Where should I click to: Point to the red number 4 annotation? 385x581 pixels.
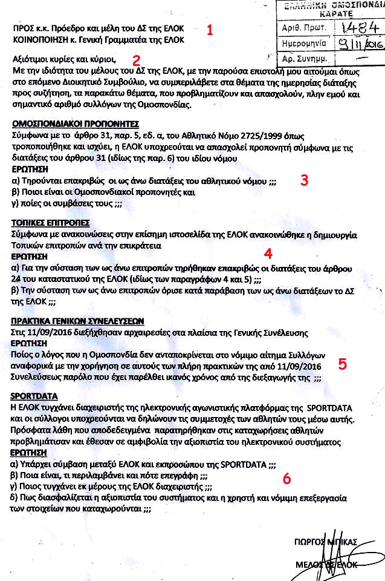[268, 252]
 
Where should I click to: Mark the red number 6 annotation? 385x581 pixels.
[286, 478]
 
